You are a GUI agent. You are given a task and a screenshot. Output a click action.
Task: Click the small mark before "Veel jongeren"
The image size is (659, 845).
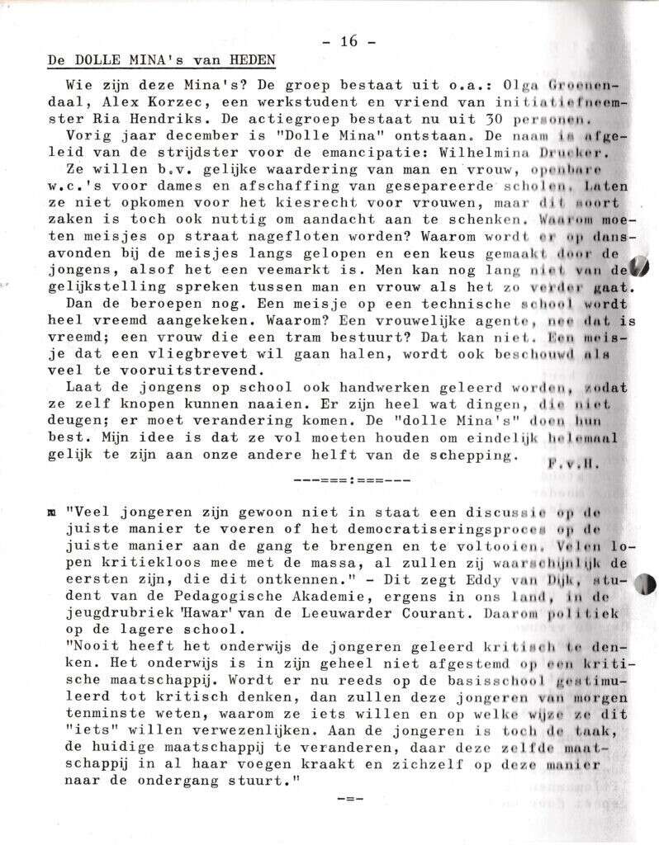pos(52,512)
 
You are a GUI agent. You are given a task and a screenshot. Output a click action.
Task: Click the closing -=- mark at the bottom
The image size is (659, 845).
pos(349,799)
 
